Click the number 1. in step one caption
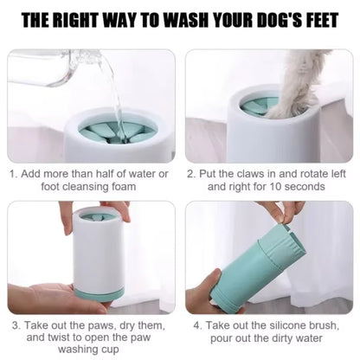(15, 172)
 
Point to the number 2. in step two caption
(191, 172)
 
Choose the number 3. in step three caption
(15, 326)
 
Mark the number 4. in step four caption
(197, 326)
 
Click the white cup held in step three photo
(96, 255)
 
